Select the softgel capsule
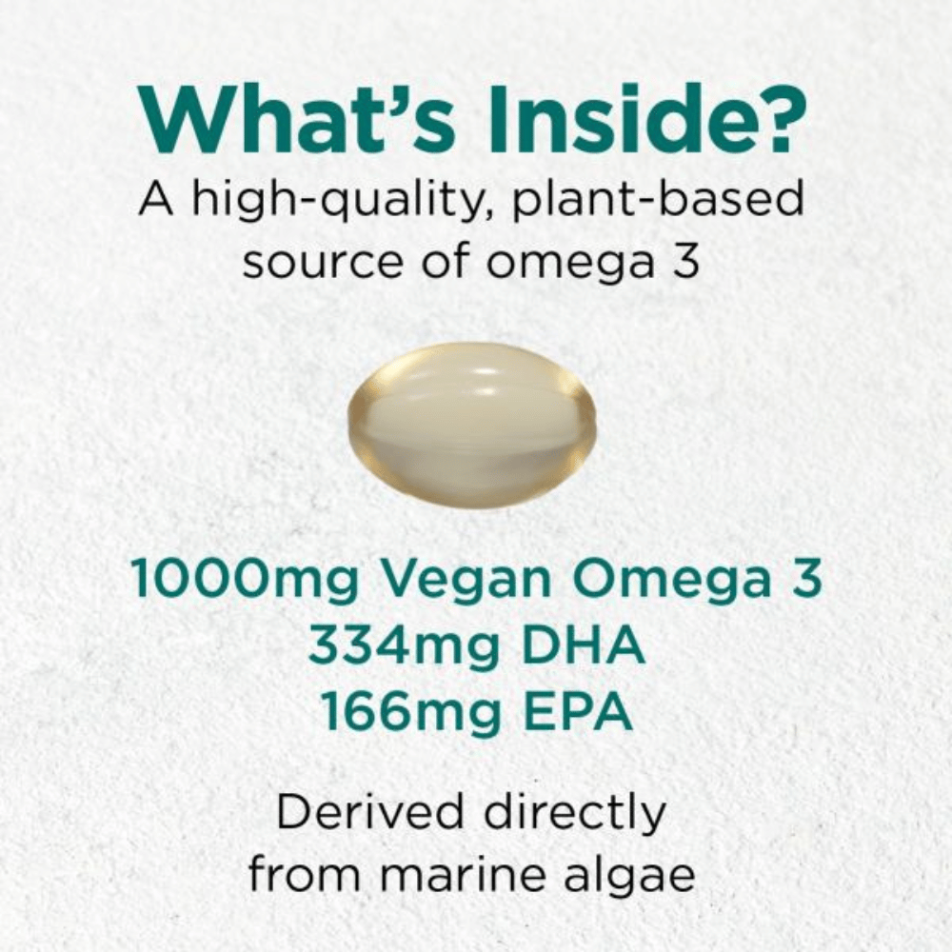(x=472, y=425)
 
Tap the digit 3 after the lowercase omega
(x=685, y=259)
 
